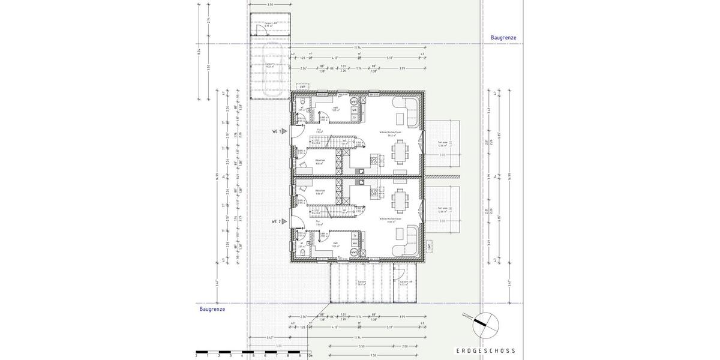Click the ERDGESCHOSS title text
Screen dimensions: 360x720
485,351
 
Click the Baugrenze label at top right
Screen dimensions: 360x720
503,37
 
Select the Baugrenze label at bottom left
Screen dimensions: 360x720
212,309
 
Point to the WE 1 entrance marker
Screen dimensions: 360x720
280,131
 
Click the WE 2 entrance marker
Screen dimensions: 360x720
280,221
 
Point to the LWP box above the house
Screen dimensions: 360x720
302,87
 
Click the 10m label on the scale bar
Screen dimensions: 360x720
309,356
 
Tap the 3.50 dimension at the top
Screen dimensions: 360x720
270,5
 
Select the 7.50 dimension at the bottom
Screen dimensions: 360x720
373,355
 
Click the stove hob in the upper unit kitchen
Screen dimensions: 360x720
376,160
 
